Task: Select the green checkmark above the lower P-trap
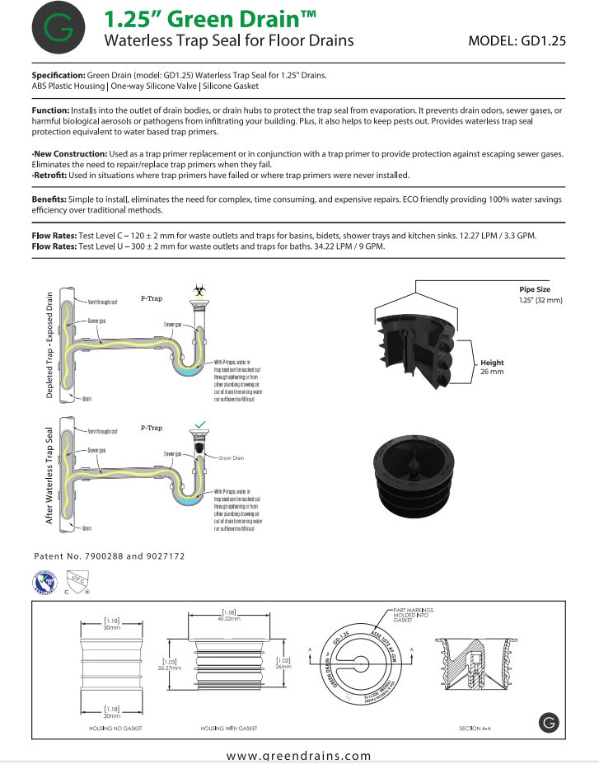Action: point(199,425)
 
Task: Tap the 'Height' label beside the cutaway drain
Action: point(492,363)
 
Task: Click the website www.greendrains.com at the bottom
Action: point(299,755)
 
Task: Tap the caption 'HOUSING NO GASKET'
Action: point(113,729)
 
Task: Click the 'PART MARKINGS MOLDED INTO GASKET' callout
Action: point(414,614)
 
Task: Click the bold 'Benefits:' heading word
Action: point(52,199)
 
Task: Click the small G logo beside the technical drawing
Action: point(550,723)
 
